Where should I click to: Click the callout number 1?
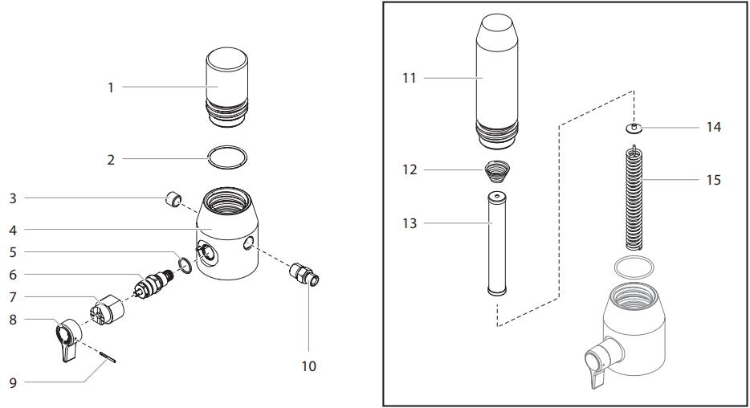111,87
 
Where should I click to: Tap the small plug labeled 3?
173,198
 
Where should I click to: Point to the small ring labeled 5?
183,266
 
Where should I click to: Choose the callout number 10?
308,366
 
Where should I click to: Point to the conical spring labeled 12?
497,172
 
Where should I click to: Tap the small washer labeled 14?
634,127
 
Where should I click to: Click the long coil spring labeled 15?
635,197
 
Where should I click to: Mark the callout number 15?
713,180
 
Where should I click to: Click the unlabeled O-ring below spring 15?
634,267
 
